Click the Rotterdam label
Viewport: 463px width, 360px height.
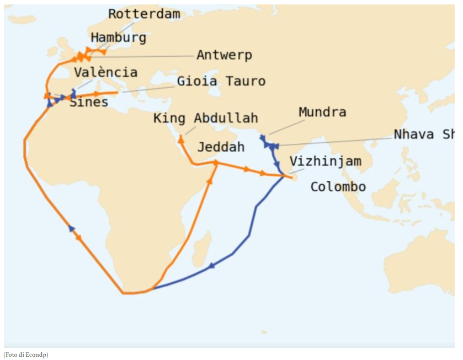[x=144, y=14]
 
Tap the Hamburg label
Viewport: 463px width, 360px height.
[x=118, y=37]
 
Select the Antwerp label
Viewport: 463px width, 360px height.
[x=224, y=55]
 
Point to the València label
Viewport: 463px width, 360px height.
[x=106, y=72]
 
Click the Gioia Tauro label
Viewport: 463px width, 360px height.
[x=221, y=82]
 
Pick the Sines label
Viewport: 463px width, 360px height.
[x=89, y=102]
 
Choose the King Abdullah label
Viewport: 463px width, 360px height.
[x=205, y=118]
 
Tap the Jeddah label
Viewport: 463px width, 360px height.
[x=221, y=147]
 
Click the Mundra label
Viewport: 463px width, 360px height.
[x=322, y=112]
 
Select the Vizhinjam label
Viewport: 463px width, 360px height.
[x=326, y=162]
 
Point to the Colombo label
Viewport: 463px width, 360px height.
[x=338, y=187]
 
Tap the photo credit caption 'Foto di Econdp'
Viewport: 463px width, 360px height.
[x=26, y=354]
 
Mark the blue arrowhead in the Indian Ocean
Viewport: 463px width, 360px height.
[x=211, y=266]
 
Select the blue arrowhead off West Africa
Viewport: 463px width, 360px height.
[x=71, y=228]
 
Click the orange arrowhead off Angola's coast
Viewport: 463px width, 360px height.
[x=79, y=238]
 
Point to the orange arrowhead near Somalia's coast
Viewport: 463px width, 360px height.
[x=210, y=180]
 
